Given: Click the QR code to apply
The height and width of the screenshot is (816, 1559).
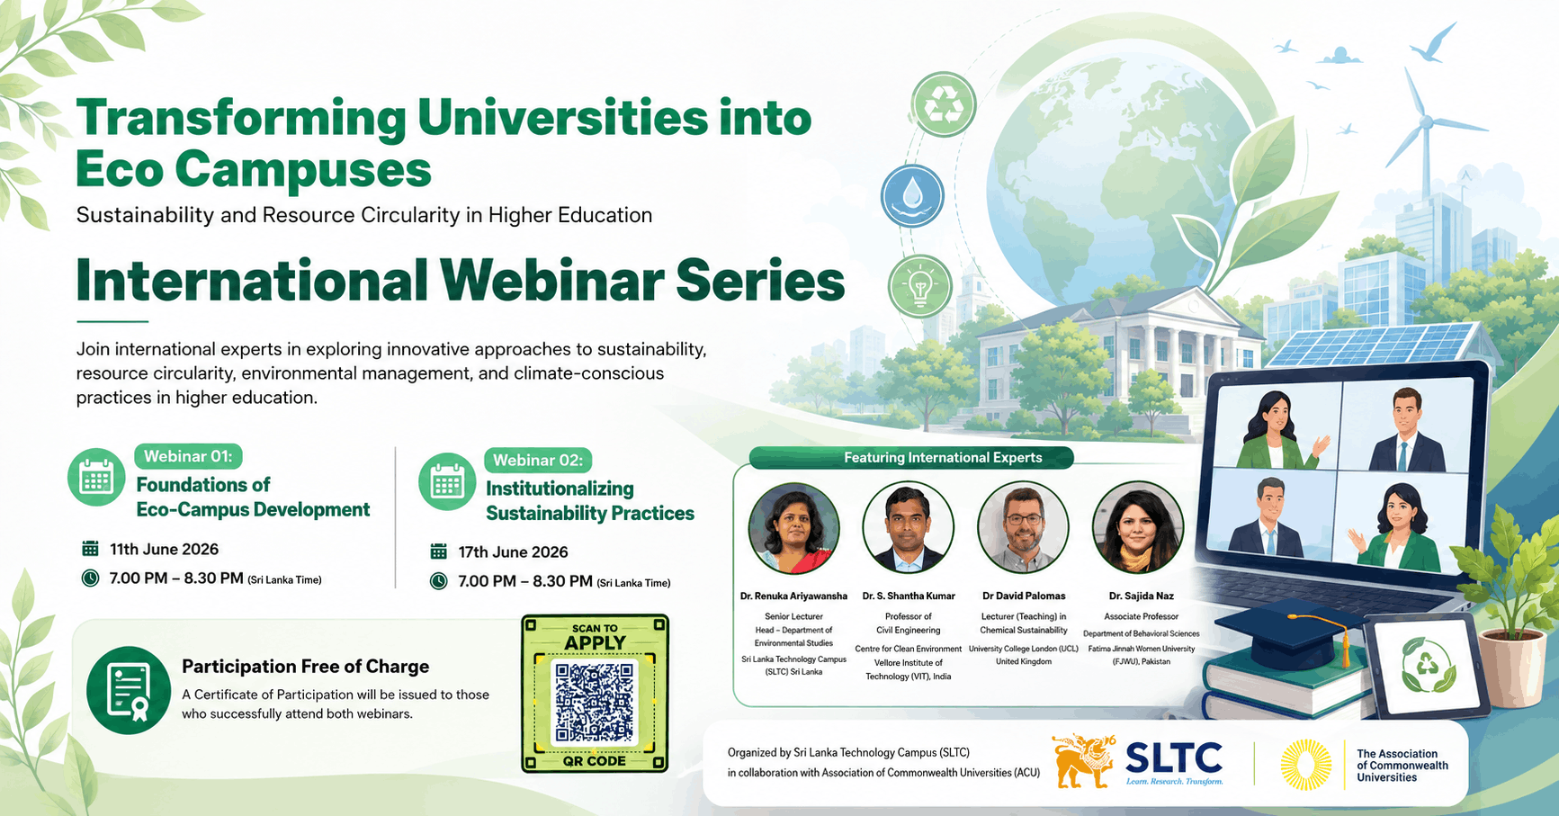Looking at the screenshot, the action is tap(595, 703).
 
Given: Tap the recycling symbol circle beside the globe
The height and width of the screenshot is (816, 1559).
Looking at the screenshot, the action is tap(944, 105).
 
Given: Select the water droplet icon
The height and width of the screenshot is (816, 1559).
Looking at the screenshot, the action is tap(912, 195).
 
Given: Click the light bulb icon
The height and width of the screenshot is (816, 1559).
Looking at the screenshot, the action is tap(919, 286).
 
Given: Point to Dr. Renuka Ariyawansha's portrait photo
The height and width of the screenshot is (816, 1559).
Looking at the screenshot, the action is tap(793, 528).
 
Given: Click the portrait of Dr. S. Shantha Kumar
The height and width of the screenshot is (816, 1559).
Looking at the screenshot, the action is tap(908, 528).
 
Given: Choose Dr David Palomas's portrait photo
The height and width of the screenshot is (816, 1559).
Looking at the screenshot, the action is tap(1023, 528).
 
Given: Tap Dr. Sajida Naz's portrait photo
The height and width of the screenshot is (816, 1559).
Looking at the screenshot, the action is tap(1138, 528).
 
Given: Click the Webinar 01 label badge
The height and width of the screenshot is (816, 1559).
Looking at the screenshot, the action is tap(188, 456).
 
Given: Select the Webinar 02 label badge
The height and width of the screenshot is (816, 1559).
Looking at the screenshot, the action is tap(538, 460).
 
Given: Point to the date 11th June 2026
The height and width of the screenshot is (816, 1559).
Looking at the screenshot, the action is tap(164, 549).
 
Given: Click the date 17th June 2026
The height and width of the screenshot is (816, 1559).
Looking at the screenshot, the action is tap(513, 551).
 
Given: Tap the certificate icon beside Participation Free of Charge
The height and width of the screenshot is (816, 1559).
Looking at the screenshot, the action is tap(129, 690).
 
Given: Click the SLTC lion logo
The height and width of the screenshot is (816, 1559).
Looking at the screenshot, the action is tap(1083, 761).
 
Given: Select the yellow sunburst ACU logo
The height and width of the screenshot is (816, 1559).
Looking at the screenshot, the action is tap(1305, 765).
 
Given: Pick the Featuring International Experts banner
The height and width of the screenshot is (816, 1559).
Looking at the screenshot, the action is tap(911, 458).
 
